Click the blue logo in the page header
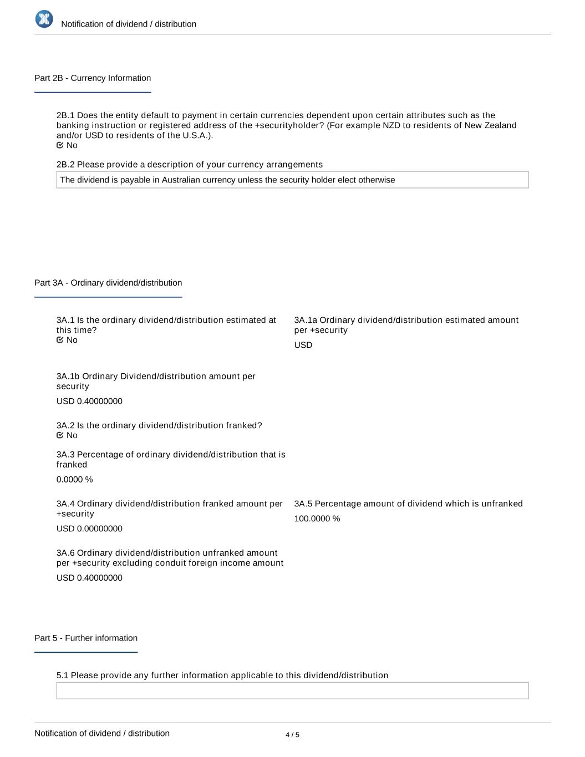tap(44, 19)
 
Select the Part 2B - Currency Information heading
tap(93, 78)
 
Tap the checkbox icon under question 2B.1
tap(60, 145)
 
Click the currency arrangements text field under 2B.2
tap(292, 180)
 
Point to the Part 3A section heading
tap(108, 283)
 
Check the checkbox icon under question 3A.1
tap(60, 340)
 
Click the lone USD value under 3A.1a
tap(303, 345)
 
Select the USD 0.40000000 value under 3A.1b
tap(89, 401)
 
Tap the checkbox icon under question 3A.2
tap(60, 435)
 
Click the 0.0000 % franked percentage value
tap(74, 479)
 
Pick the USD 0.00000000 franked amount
tap(89, 529)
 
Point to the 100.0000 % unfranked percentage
tap(317, 519)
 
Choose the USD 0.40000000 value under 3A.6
tap(89, 578)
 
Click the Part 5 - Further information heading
tap(86, 638)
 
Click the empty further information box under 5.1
tap(292, 690)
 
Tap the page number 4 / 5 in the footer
tap(292, 735)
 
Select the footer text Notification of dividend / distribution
tap(102, 733)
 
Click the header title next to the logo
tap(129, 24)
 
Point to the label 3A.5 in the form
tap(303, 504)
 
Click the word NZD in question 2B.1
tap(392, 125)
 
